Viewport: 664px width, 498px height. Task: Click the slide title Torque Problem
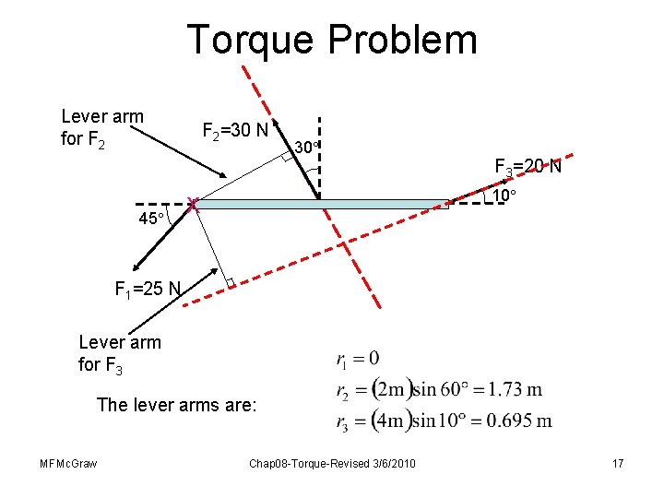click(x=332, y=41)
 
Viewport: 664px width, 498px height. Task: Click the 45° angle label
click(x=151, y=219)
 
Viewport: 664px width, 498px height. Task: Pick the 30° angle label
click(x=307, y=147)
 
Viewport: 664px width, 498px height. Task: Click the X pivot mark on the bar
click(x=191, y=203)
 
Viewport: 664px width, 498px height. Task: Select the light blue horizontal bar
click(x=323, y=203)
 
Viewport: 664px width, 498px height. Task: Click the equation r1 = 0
click(x=359, y=358)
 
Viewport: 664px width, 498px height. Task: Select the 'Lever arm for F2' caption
click(x=101, y=129)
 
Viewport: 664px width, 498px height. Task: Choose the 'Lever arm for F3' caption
click(x=119, y=353)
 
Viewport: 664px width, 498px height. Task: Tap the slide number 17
click(x=617, y=462)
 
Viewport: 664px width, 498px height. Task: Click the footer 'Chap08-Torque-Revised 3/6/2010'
click(x=332, y=462)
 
